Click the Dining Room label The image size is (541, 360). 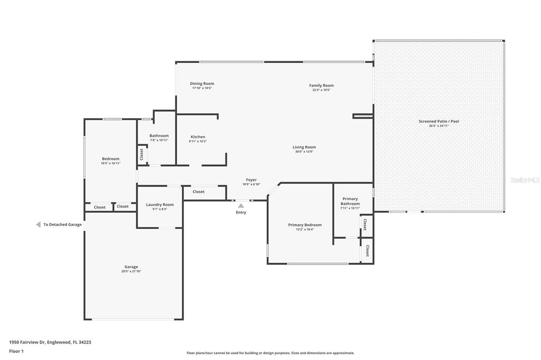tap(202, 83)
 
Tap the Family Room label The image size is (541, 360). tap(321, 86)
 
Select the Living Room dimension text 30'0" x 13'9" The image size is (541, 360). tap(304, 152)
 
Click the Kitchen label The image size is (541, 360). tap(198, 137)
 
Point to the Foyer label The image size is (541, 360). tap(251, 180)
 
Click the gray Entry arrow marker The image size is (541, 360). tap(241, 205)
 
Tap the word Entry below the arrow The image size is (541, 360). tap(241, 212)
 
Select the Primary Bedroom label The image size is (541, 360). tap(305, 225)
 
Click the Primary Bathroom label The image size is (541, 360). tap(350, 201)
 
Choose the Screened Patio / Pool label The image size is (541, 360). tap(439, 121)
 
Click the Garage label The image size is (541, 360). tap(131, 267)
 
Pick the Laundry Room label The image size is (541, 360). tap(160, 205)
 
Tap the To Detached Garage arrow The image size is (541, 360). tap(38, 224)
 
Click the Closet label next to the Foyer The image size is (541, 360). tap(199, 192)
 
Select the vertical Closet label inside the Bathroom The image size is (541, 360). tap(142, 154)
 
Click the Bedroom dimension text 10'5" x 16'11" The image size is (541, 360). tap(110, 164)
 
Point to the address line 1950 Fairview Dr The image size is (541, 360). tap(50, 342)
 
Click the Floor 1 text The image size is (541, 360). tap(17, 351)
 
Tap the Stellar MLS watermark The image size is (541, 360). tap(525, 180)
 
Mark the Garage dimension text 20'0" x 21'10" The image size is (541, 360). tap(131, 271)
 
